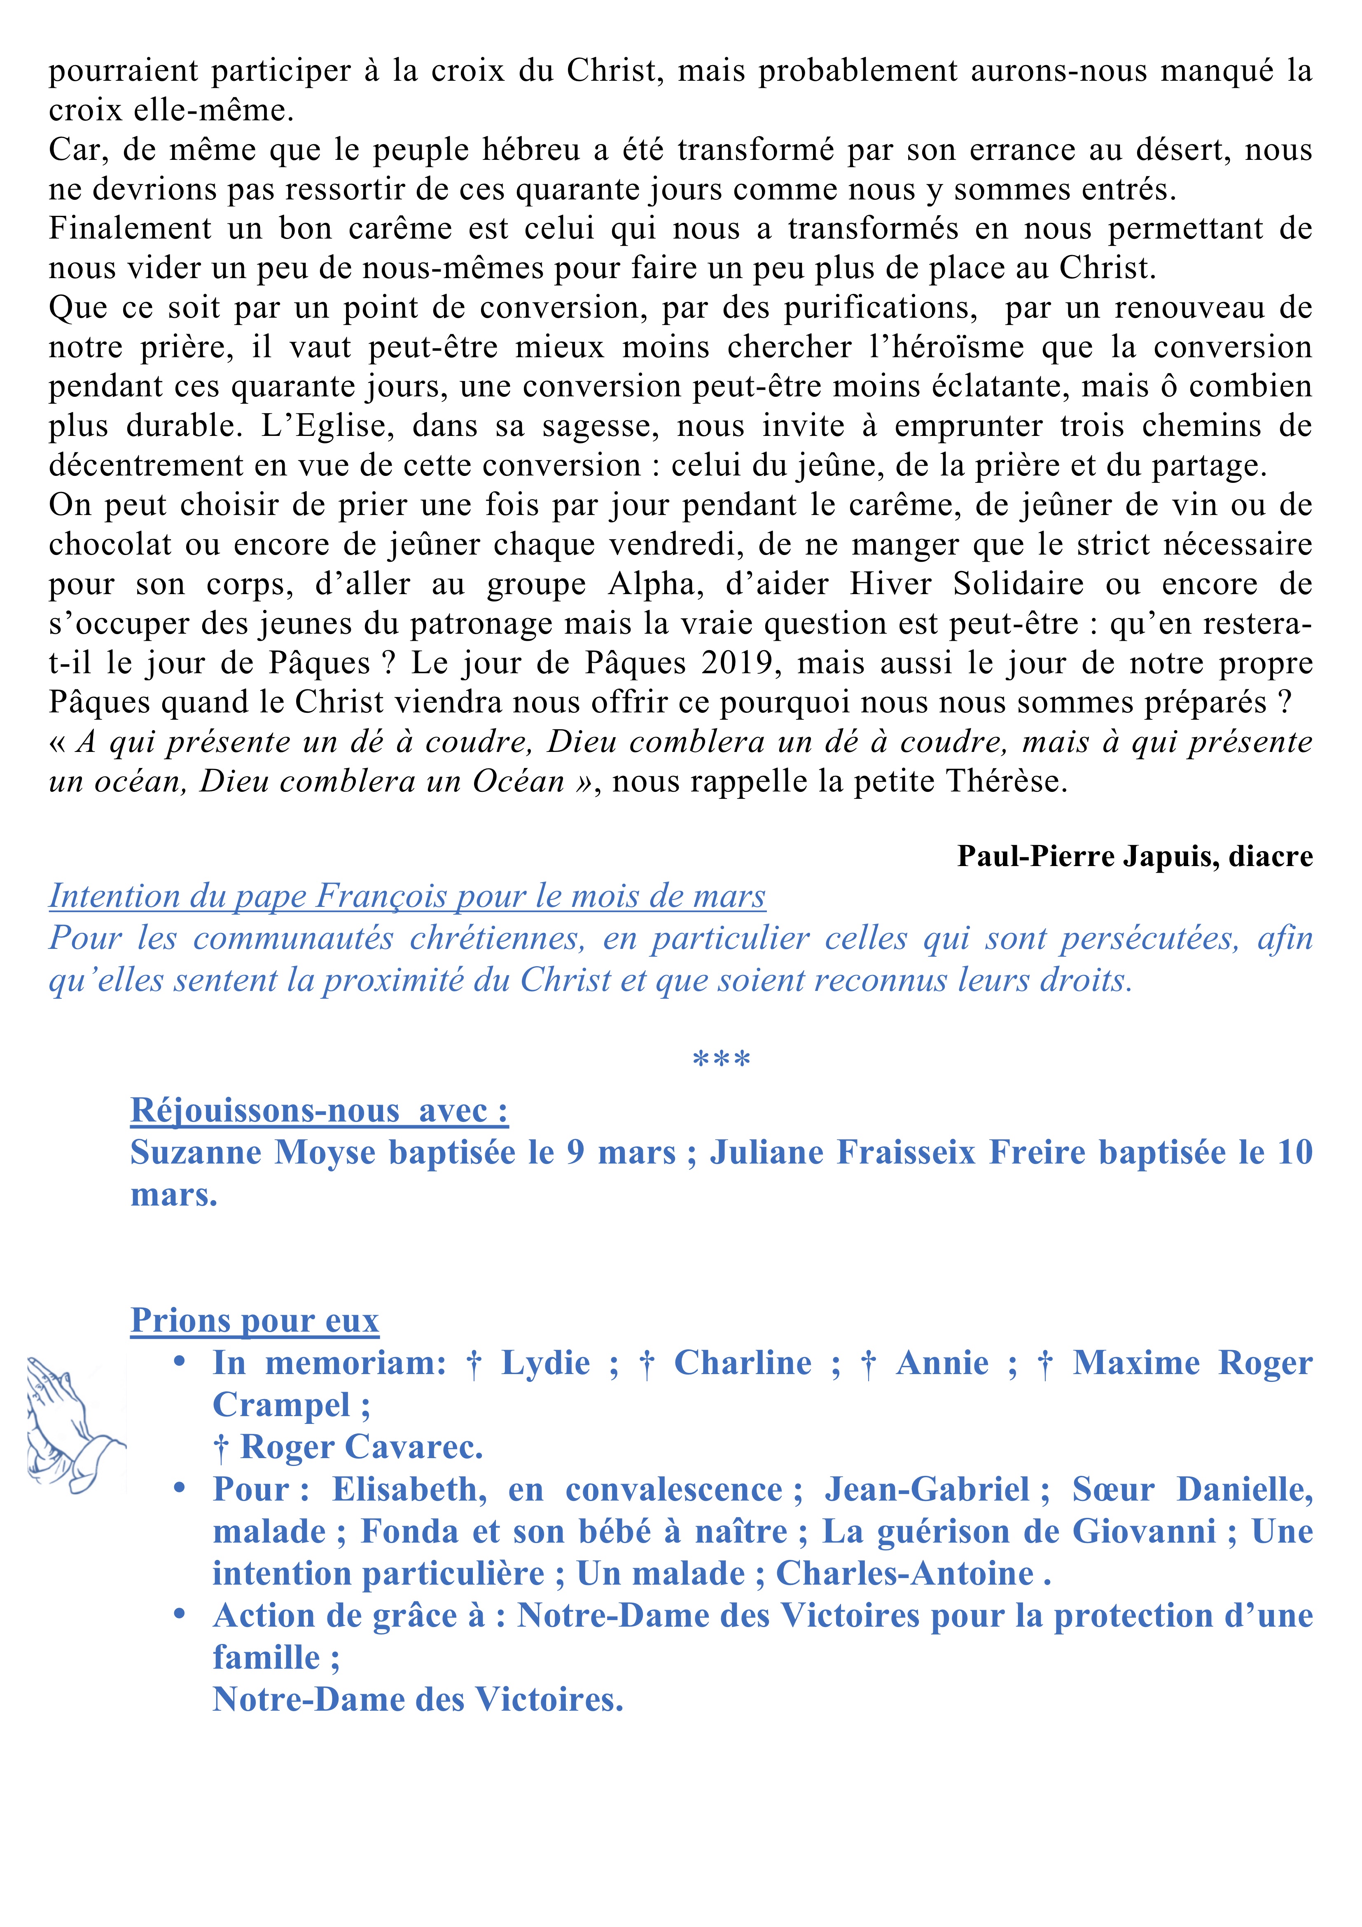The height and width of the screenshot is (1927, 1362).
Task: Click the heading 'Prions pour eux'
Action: (x=254, y=1320)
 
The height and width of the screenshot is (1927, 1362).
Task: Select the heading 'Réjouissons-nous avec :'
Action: (x=319, y=1110)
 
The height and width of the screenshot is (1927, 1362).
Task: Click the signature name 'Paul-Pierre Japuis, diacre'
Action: (x=1135, y=856)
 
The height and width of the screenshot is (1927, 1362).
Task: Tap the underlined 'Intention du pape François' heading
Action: (x=407, y=897)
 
